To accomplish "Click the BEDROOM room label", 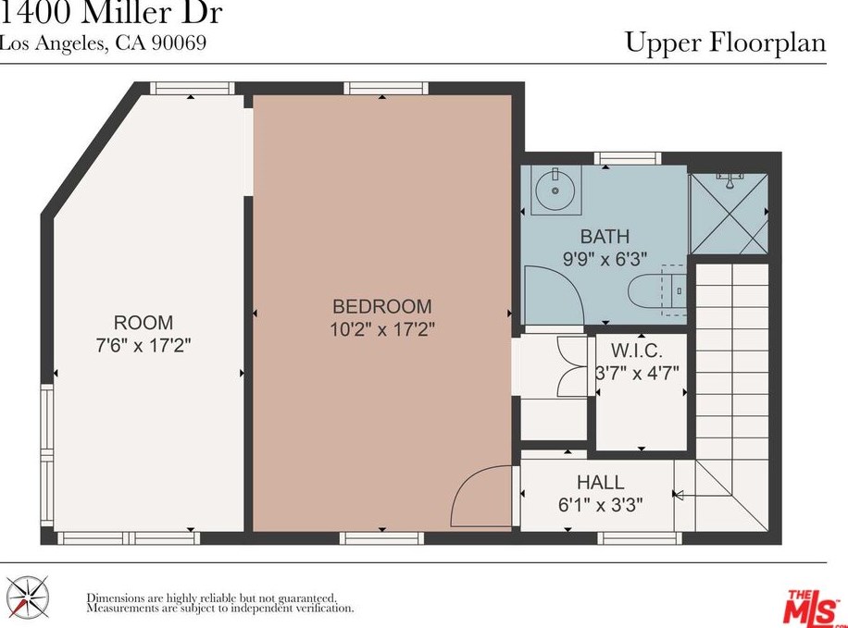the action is (381, 306).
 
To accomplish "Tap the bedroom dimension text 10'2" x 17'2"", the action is (382, 328).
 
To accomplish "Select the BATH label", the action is (605, 236).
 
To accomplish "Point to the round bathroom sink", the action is (555, 191).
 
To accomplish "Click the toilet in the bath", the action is (657, 291).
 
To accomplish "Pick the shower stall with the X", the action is (729, 214).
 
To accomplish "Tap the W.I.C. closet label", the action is (637, 351).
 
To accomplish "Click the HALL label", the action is (600, 482).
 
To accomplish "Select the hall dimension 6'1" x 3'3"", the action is (600, 505).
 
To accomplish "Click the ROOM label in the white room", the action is (143, 323).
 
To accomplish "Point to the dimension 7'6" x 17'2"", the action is (143, 345).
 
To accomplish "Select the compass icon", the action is (27, 597).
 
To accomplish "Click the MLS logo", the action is (810, 607).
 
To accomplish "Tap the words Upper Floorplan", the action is (726, 43).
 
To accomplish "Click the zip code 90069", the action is (179, 43).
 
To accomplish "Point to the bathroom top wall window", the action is (628, 158).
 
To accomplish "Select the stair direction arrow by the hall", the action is (678, 494).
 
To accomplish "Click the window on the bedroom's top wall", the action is (386, 88).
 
